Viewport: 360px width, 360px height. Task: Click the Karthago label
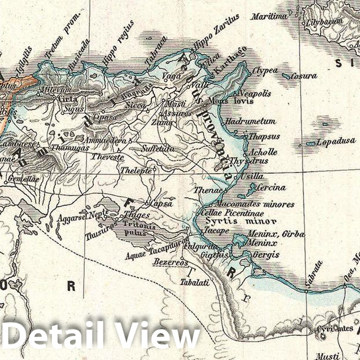pyautogui.click(x=231, y=60)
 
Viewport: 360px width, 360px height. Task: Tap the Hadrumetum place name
pyautogui.click(x=251, y=121)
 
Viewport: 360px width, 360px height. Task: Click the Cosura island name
pyautogui.click(x=303, y=75)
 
